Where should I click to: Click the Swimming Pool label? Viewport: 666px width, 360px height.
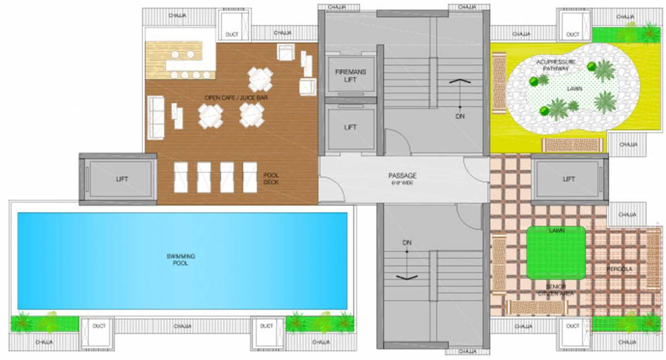click(x=180, y=259)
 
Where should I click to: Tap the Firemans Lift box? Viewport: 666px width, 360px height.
click(x=350, y=75)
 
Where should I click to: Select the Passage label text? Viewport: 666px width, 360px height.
click(x=402, y=176)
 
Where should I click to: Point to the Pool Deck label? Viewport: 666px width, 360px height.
click(x=271, y=179)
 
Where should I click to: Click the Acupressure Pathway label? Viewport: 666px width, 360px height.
click(x=556, y=64)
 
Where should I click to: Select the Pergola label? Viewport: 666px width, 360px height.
click(x=619, y=269)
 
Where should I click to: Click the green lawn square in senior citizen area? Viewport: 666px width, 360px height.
click(x=556, y=253)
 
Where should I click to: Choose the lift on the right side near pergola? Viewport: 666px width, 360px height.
click(x=569, y=179)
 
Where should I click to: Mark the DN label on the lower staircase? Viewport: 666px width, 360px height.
click(x=407, y=242)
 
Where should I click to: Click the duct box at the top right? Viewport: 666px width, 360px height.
click(x=573, y=27)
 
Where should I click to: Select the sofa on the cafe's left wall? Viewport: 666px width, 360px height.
click(x=156, y=117)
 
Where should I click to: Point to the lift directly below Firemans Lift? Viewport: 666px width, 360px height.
click(x=350, y=128)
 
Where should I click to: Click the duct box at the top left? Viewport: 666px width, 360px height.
click(x=231, y=27)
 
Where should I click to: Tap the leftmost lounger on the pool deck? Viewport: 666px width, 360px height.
click(x=180, y=177)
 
